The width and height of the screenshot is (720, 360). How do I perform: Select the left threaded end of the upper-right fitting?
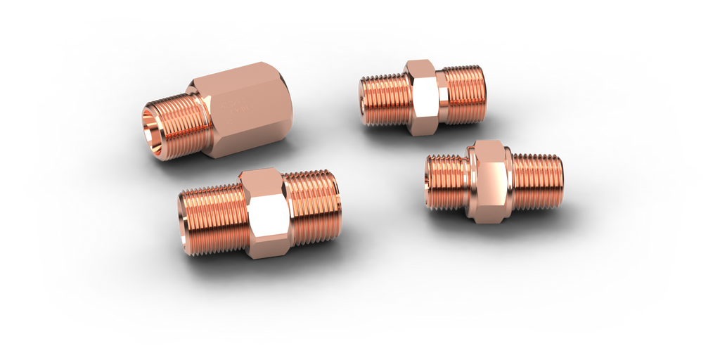click(383, 100)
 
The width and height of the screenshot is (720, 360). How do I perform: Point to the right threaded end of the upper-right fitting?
click(464, 95)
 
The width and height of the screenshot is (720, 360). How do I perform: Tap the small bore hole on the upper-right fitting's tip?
click(364, 105)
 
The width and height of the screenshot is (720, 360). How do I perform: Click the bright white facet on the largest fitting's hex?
click(268, 214)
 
